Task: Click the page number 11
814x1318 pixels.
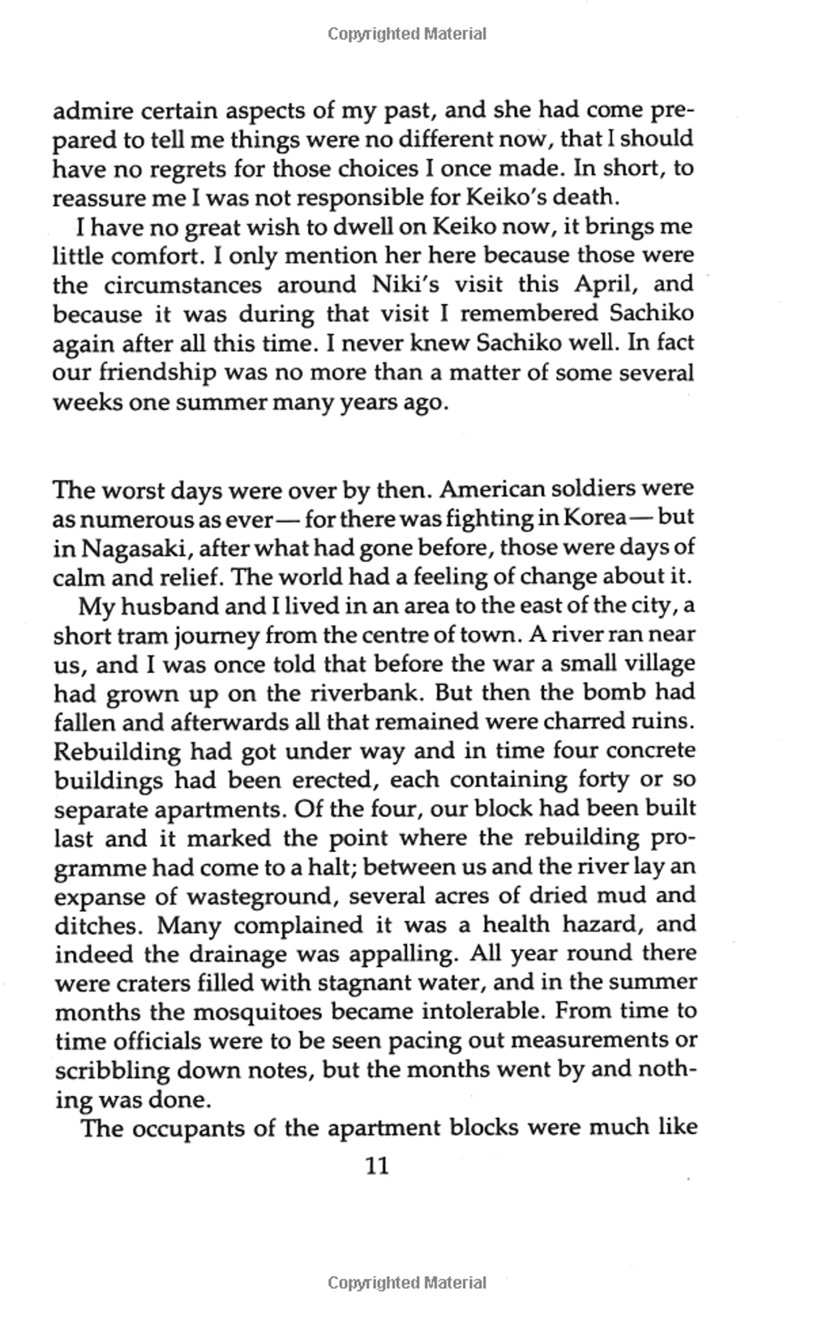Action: pyautogui.click(x=377, y=1166)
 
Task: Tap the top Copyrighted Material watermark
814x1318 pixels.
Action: pyautogui.click(x=407, y=34)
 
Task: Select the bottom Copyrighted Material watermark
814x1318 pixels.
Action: pyautogui.click(x=407, y=1283)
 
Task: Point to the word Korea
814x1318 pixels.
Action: pyautogui.click(x=595, y=518)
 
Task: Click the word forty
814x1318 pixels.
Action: pyautogui.click(x=603, y=779)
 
